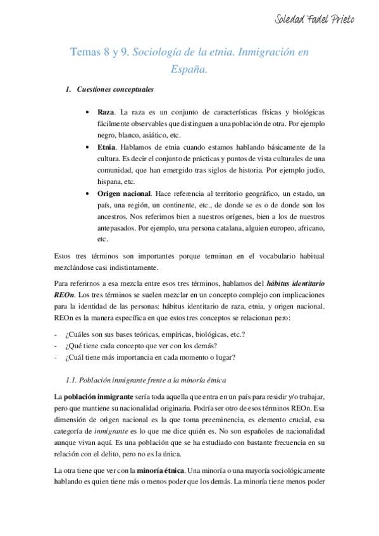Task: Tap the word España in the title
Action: click(x=189, y=70)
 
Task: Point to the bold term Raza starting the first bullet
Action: click(x=106, y=112)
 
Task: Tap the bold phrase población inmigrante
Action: click(x=97, y=396)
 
